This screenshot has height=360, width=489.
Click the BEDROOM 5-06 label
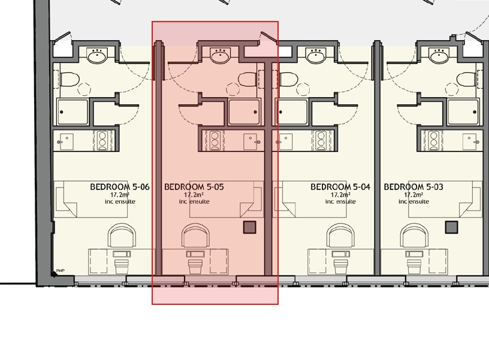point(119,187)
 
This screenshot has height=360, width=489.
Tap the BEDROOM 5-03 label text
point(413,187)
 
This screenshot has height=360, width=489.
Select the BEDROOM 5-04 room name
point(340,187)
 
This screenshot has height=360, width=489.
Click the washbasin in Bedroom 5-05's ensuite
point(220,57)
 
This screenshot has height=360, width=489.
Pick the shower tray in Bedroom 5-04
point(292,111)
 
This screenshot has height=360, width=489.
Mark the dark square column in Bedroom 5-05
point(250,227)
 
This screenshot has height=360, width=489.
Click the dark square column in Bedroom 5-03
point(452,227)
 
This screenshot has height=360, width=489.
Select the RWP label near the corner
point(60,270)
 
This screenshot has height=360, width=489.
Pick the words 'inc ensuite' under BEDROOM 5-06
point(120,202)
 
